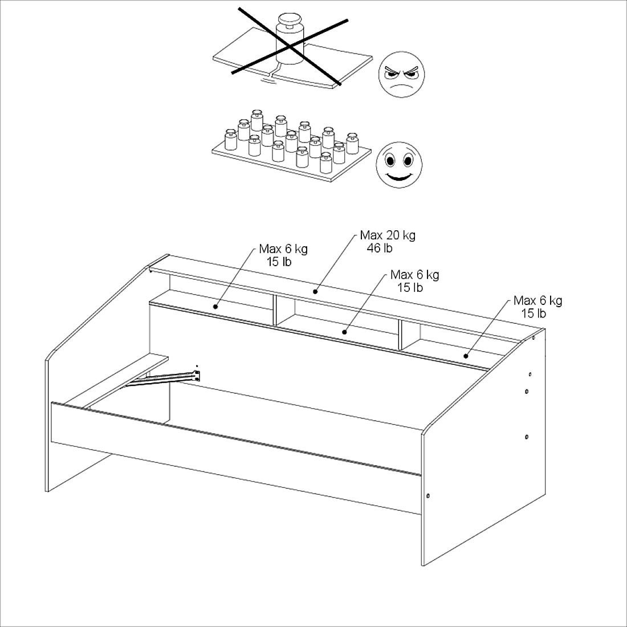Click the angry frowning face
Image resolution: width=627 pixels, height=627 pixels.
point(401,74)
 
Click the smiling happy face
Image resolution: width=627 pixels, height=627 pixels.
point(399,165)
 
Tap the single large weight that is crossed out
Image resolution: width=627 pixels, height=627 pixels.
point(290,39)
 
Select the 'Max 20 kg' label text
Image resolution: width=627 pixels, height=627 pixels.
point(388,235)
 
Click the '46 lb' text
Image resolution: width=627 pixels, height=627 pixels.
point(380,248)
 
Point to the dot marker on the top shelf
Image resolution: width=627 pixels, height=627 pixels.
point(316,291)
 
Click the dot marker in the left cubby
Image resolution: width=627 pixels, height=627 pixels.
point(215,307)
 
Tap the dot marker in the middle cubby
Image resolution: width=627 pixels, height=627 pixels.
point(344,332)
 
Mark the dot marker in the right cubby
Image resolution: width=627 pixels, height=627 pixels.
point(466,356)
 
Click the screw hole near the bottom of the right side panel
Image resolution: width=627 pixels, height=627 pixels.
point(428,496)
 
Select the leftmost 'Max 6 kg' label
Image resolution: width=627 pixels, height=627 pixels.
point(283,249)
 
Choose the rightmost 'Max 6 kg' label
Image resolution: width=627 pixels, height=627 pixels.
point(538,300)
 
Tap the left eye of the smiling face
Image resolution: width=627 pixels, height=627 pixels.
point(390,161)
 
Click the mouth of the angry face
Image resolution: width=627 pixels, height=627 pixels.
point(401,86)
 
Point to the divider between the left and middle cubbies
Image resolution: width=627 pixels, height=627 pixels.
point(275,310)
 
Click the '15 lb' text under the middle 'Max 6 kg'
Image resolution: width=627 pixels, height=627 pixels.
point(410,287)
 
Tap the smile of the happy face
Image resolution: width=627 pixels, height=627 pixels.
point(399,177)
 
